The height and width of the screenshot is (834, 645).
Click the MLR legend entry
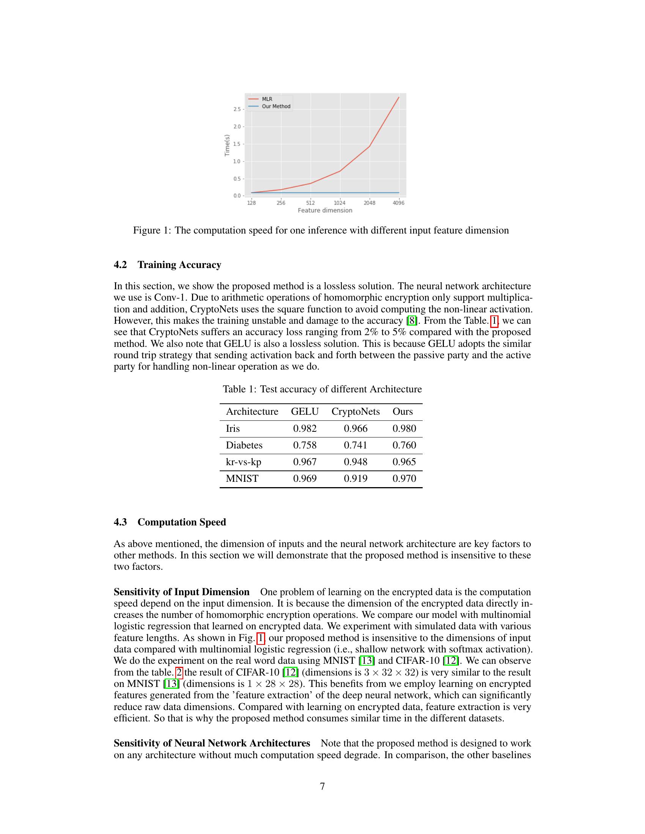click(267, 99)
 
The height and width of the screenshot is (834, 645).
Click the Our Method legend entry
click(276, 107)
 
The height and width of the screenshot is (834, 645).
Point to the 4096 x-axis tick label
click(398, 203)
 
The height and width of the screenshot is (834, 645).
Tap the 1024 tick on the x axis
click(340, 203)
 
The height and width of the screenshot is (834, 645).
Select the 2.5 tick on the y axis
click(237, 109)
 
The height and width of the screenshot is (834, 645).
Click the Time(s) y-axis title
click(227, 146)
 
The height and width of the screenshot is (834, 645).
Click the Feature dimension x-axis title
click(325, 210)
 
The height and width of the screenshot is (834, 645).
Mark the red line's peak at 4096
click(398, 97)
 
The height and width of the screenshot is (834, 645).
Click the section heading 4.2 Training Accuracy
click(167, 265)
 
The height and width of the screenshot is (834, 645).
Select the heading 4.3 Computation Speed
click(170, 522)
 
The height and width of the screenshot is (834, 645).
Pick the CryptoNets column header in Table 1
click(356, 412)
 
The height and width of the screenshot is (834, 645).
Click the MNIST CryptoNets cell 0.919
click(356, 478)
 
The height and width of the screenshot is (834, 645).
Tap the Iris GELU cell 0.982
click(305, 428)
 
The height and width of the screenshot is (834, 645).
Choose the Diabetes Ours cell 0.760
click(404, 445)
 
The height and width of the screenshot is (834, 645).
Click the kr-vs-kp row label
click(244, 462)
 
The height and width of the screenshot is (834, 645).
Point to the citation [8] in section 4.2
click(412, 321)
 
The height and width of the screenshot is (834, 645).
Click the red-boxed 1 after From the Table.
click(494, 321)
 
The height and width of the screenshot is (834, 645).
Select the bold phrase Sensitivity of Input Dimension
click(181, 592)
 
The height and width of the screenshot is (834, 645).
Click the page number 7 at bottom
click(322, 786)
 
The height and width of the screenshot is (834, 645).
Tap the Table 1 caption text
click(322, 389)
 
